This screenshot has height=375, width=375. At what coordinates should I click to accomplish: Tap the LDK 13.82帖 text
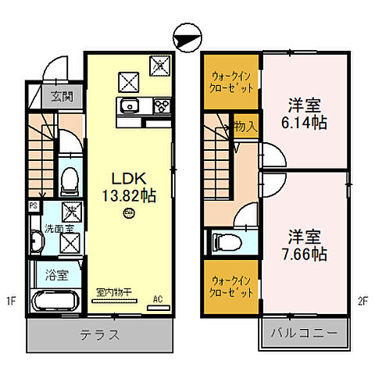[x=127, y=185]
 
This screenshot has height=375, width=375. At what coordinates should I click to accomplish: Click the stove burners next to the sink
[x=161, y=105]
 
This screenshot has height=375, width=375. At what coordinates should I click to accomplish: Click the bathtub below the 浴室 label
[x=53, y=302]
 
